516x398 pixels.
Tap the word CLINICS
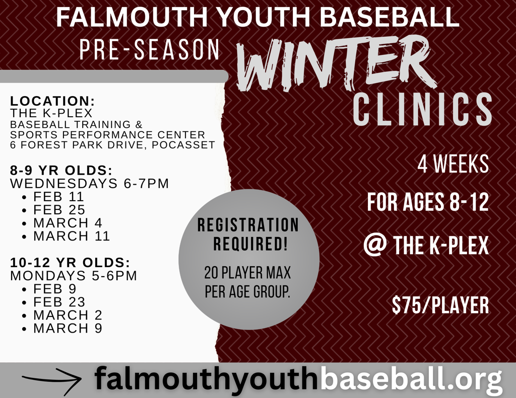point(423,109)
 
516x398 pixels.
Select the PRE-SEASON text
point(149,50)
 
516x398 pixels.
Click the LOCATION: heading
point(52,101)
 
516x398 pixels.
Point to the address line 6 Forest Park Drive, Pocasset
point(112,144)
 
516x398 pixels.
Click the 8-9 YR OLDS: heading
point(61,170)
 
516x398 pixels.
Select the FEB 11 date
point(58,197)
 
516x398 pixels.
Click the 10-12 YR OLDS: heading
point(70,262)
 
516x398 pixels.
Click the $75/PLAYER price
point(440,305)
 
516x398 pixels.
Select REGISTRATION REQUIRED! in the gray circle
point(248,234)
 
